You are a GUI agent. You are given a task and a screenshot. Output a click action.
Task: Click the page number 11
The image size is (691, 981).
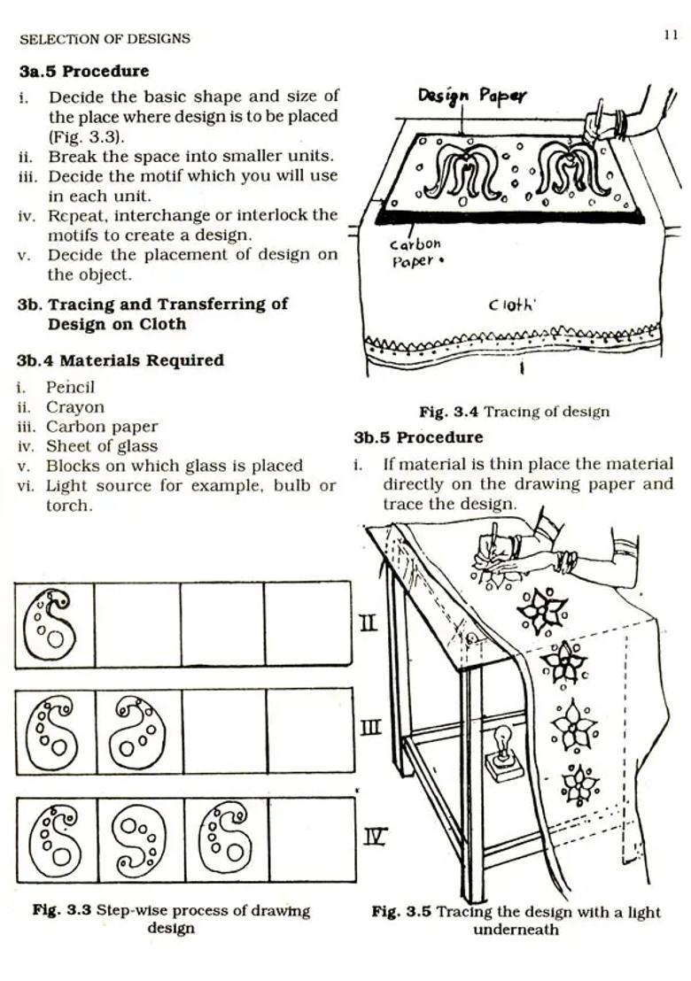pos(670,35)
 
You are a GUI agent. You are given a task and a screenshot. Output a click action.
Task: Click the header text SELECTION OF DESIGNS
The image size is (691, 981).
pos(105,39)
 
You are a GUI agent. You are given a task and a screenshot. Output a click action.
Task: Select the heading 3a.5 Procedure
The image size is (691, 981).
pos(84,71)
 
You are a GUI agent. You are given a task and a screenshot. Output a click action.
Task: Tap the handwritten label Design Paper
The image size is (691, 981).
pos(471,96)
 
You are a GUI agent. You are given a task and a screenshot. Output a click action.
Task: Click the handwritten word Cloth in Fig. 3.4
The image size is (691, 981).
pos(513,305)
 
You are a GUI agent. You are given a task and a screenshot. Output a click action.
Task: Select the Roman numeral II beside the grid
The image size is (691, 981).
pos(369,623)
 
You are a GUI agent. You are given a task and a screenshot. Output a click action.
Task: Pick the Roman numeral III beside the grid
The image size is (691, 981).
pos(371,729)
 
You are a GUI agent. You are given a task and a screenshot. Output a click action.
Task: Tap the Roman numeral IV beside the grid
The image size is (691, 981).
pos(375,836)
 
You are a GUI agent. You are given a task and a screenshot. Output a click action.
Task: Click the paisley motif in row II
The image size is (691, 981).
pos(51,623)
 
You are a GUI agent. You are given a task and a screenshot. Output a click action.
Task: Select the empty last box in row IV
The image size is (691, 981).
pos(311,839)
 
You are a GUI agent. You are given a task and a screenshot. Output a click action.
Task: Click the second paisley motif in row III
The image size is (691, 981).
pos(137,731)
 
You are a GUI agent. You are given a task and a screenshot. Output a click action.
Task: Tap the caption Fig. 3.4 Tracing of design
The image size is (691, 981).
pos(514,412)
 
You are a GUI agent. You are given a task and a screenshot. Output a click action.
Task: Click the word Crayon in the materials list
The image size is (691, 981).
pos(74,407)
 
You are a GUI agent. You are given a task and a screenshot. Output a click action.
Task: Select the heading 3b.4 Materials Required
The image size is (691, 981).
pos(120,360)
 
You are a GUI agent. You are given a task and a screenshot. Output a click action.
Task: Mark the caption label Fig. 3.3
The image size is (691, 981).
pos(62,910)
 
